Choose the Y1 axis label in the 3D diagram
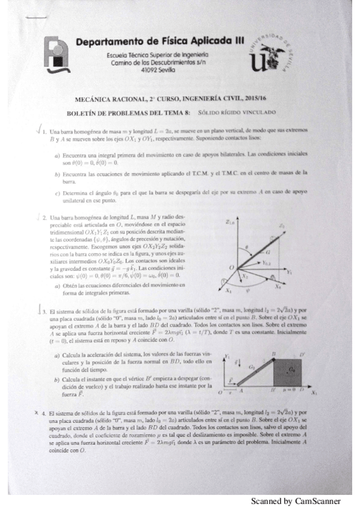pyautogui.click(x=305, y=272)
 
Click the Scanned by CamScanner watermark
pyautogui.click(x=295, y=502)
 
